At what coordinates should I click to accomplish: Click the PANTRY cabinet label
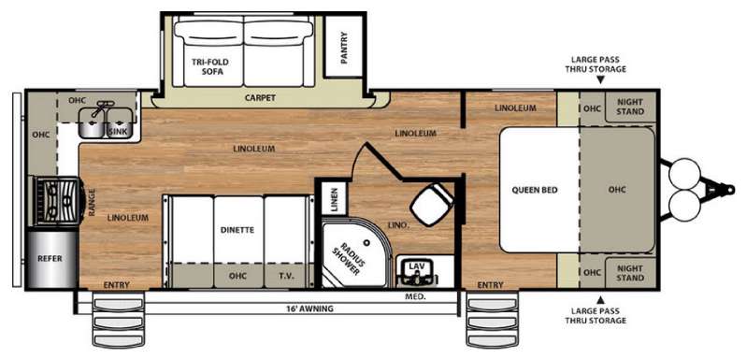(x=344, y=47)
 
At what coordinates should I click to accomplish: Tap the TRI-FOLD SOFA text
(x=209, y=66)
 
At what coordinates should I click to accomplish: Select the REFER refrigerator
(x=51, y=259)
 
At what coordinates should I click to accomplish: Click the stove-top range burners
(x=58, y=201)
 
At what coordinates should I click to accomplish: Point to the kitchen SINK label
(x=118, y=132)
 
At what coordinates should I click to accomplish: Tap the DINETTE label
(x=237, y=230)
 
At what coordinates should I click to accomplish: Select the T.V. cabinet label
(x=287, y=276)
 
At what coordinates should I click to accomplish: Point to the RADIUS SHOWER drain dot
(x=367, y=242)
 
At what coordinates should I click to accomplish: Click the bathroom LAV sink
(x=418, y=271)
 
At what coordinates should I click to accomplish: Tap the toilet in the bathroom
(x=432, y=204)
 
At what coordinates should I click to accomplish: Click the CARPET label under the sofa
(x=260, y=98)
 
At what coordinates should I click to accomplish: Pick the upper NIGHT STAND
(x=630, y=107)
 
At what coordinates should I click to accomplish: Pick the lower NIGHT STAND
(x=630, y=273)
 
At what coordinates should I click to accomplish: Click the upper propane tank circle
(x=684, y=175)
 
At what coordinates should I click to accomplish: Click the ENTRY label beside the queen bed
(x=490, y=285)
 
